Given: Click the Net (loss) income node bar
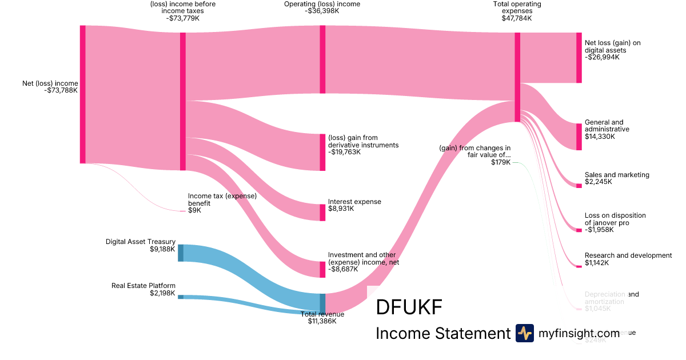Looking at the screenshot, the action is [83, 94].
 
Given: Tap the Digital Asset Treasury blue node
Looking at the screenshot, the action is [181, 253].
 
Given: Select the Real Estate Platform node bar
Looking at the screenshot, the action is [181, 297].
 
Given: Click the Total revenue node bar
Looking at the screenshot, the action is [322, 303].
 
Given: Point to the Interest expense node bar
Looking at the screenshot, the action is [322, 212].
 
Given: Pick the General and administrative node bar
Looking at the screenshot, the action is [579, 137].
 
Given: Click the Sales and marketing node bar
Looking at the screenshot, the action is [579, 185].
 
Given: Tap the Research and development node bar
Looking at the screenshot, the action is [579, 266].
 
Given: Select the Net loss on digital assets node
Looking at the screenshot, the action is [579, 57].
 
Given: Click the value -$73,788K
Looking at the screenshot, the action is [61, 90].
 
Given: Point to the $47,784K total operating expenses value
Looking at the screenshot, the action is [517, 18].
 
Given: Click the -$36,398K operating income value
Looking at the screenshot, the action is [322, 11].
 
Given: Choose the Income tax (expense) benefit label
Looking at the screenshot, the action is [222, 199].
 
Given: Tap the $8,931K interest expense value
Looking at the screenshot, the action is [341, 209].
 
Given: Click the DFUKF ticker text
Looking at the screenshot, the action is [409, 308].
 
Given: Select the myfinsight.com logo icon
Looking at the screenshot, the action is [524, 333].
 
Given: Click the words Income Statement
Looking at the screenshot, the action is [442, 334].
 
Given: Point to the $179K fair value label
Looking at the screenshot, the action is [501, 162].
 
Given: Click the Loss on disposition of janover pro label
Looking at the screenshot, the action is [615, 219].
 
